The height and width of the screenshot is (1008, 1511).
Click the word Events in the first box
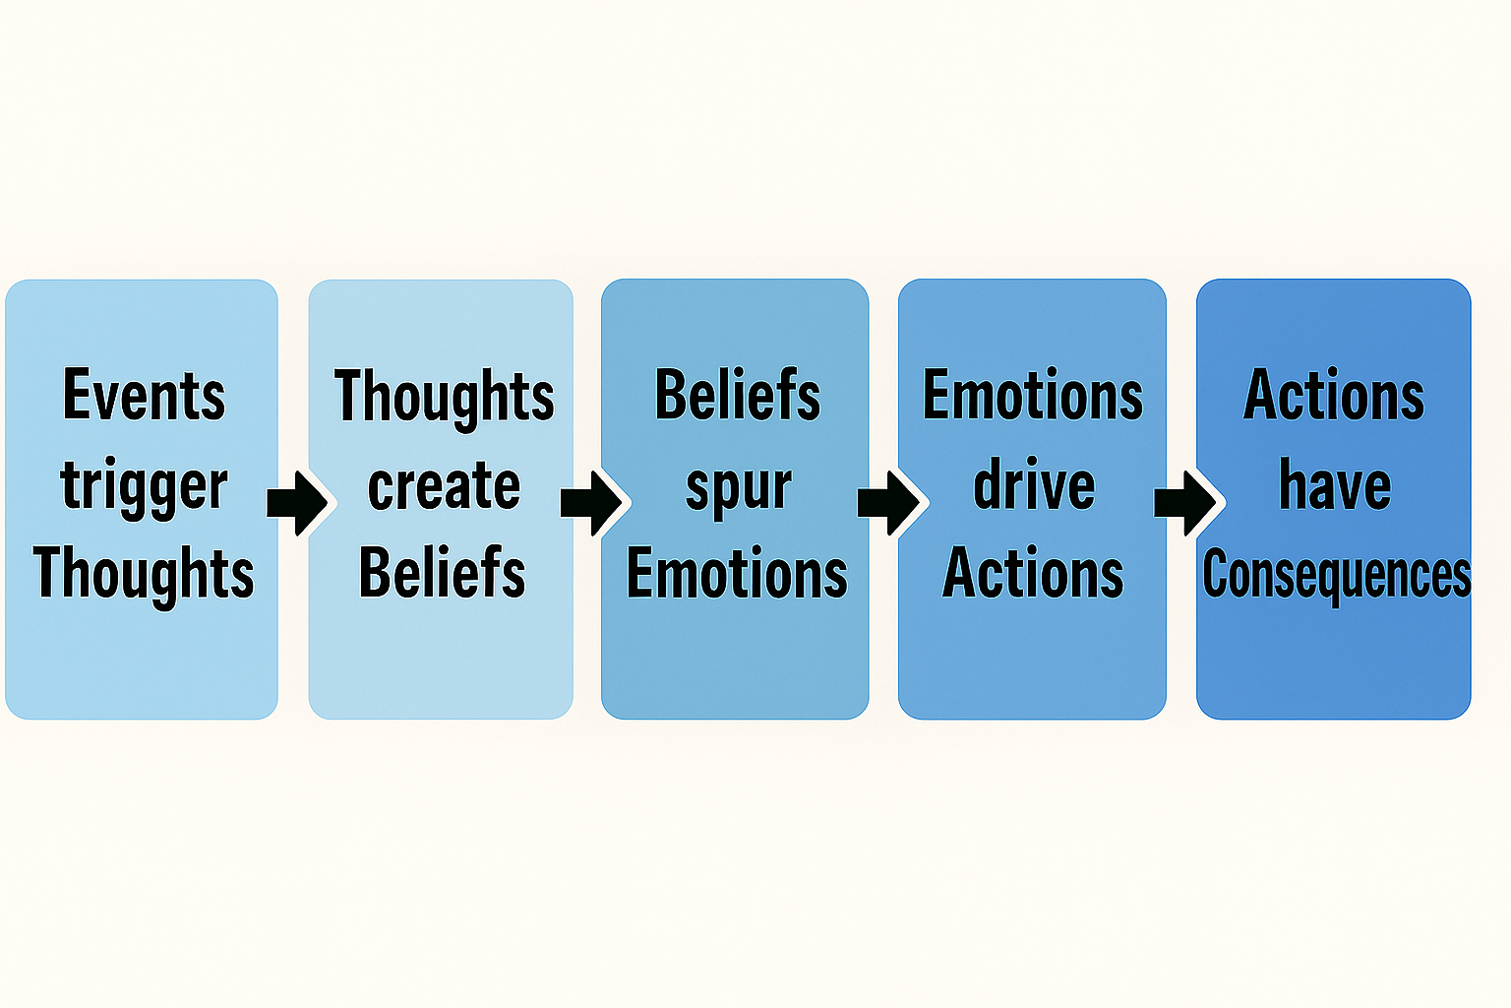(144, 396)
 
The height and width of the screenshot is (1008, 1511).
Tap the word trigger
(144, 486)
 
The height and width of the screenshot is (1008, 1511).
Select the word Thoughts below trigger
(144, 574)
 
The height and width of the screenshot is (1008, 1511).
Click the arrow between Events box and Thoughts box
(297, 502)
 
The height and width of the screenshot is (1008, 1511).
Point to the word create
(444, 486)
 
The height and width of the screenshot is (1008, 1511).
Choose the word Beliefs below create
(442, 573)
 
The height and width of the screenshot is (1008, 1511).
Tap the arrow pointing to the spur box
(592, 502)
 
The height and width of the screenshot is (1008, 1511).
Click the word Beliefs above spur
(737, 396)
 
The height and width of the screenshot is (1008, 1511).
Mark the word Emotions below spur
(737, 574)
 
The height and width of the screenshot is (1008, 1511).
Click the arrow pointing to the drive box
(889, 502)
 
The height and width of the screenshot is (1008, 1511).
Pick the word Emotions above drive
(1032, 396)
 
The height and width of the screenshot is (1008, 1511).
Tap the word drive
(1034, 485)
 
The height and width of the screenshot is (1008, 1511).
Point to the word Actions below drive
(1033, 573)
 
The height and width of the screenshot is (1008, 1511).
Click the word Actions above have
(1334, 396)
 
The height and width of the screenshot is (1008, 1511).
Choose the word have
(1335, 485)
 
